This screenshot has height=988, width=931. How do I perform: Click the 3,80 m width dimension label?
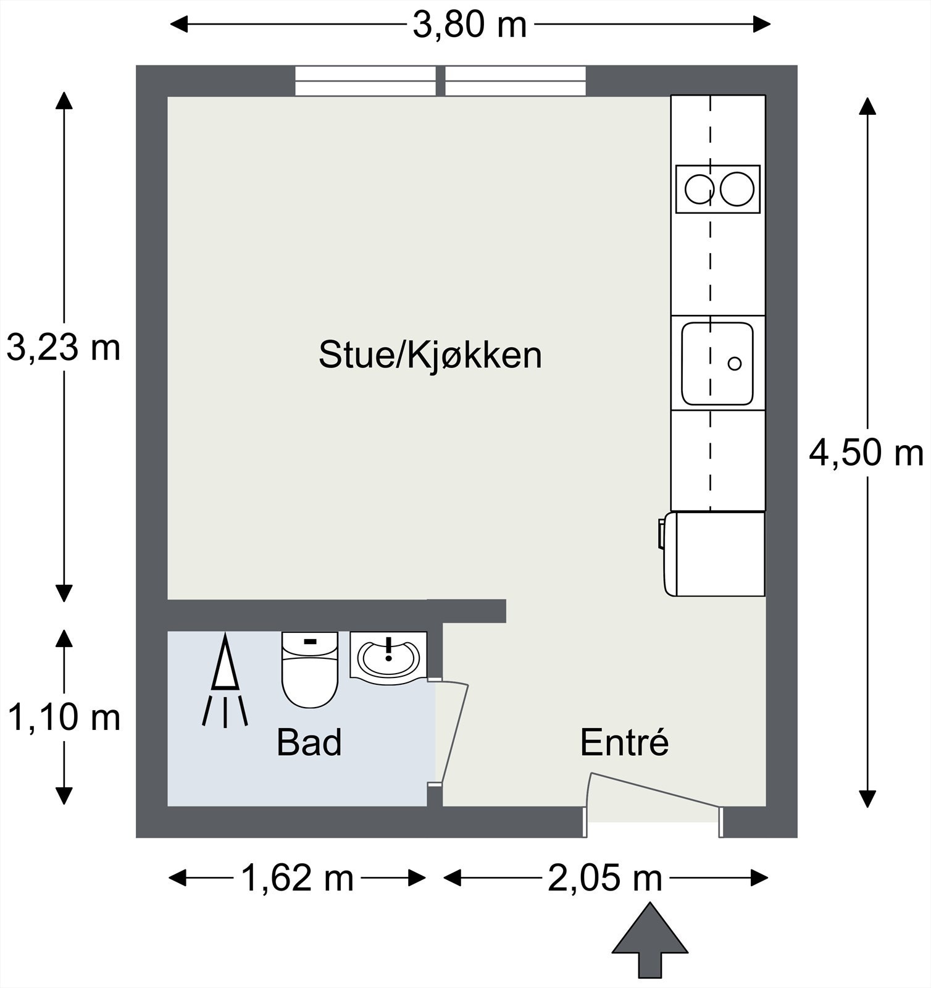pos(469,26)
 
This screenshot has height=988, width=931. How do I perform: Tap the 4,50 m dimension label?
pos(866,454)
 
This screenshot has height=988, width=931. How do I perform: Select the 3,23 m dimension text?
pos(63,348)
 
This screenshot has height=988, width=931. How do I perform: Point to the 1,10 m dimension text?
pos(63,718)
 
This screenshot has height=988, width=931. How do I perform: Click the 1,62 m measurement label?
pos(297,877)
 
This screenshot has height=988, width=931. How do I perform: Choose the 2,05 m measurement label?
pos(604,877)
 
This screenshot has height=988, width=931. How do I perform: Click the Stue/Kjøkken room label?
pos(430,355)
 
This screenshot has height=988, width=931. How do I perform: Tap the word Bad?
pos(309,742)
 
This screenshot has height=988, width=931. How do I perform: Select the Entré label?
pos(624,742)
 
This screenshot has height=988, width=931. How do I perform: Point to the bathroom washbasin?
pos(389,658)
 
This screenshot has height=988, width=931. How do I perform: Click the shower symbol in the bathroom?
pos(225,679)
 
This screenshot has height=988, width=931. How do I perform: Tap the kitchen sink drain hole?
pos(734,363)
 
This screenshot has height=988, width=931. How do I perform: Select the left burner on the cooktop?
pos(700,190)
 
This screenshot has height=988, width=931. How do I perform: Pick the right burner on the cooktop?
pos(737,190)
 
